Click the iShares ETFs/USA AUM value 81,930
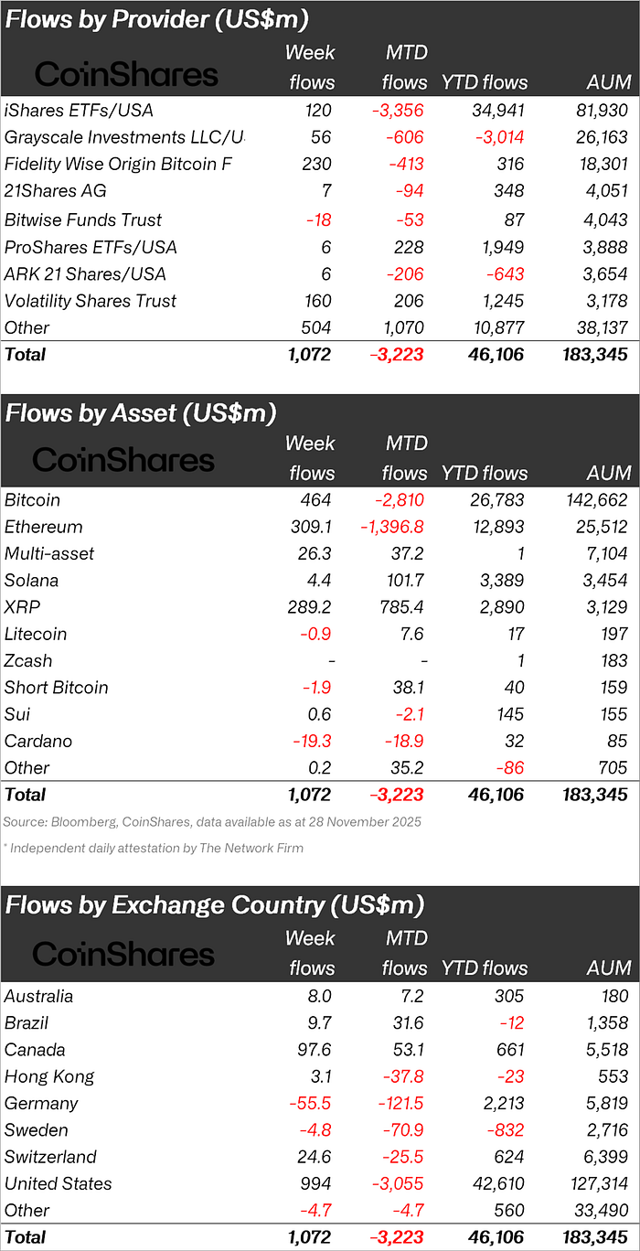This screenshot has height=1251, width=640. tap(601, 111)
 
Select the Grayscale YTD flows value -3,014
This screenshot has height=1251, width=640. tap(497, 138)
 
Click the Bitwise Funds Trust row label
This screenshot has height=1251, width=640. tap(83, 220)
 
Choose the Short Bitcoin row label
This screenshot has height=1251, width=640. tap(57, 688)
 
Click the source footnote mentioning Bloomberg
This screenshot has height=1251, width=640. tap(212, 821)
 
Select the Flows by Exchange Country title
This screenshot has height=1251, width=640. tap(215, 904)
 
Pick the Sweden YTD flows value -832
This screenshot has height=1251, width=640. tap(506, 1130)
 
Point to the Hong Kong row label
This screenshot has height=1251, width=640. tap(49, 1077)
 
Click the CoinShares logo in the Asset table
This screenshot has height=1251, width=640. tap(123, 459)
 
